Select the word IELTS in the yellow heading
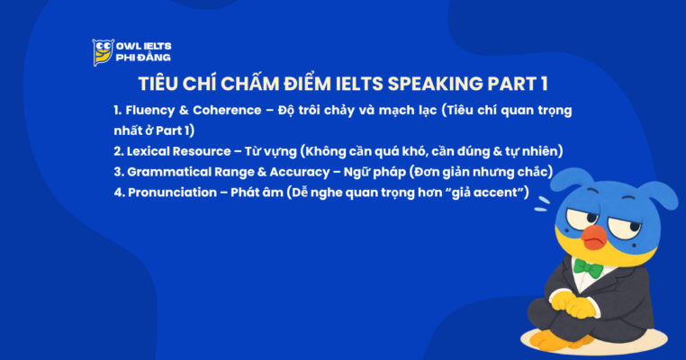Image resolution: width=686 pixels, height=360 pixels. (355, 85)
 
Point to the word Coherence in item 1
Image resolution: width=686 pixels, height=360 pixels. (229, 111)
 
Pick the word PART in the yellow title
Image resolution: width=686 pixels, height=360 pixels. (510, 85)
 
